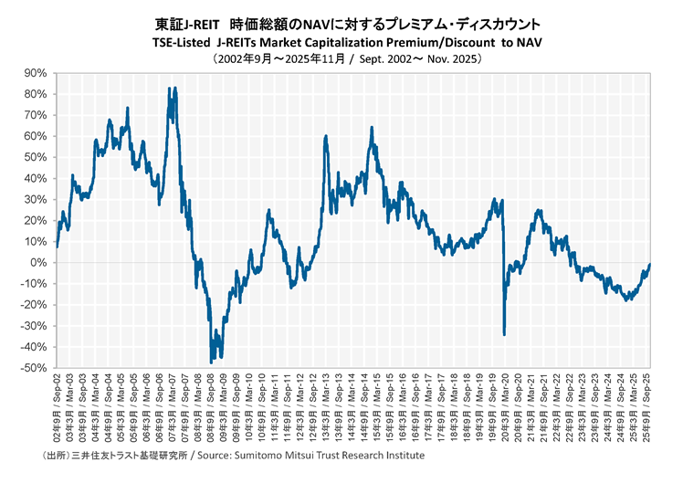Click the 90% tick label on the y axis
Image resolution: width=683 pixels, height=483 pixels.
[36, 73]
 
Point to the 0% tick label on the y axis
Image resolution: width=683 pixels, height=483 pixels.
[39, 263]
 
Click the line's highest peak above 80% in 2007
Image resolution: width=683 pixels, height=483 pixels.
[169, 88]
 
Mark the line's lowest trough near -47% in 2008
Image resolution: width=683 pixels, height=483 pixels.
[212, 362]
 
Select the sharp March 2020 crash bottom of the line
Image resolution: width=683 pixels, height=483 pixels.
[504, 334]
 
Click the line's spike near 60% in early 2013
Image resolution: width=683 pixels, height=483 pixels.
[326, 136]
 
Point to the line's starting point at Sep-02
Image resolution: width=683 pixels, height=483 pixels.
[57, 247]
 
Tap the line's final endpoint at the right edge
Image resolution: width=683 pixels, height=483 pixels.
[650, 264]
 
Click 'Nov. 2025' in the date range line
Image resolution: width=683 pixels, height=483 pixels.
[444, 58]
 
